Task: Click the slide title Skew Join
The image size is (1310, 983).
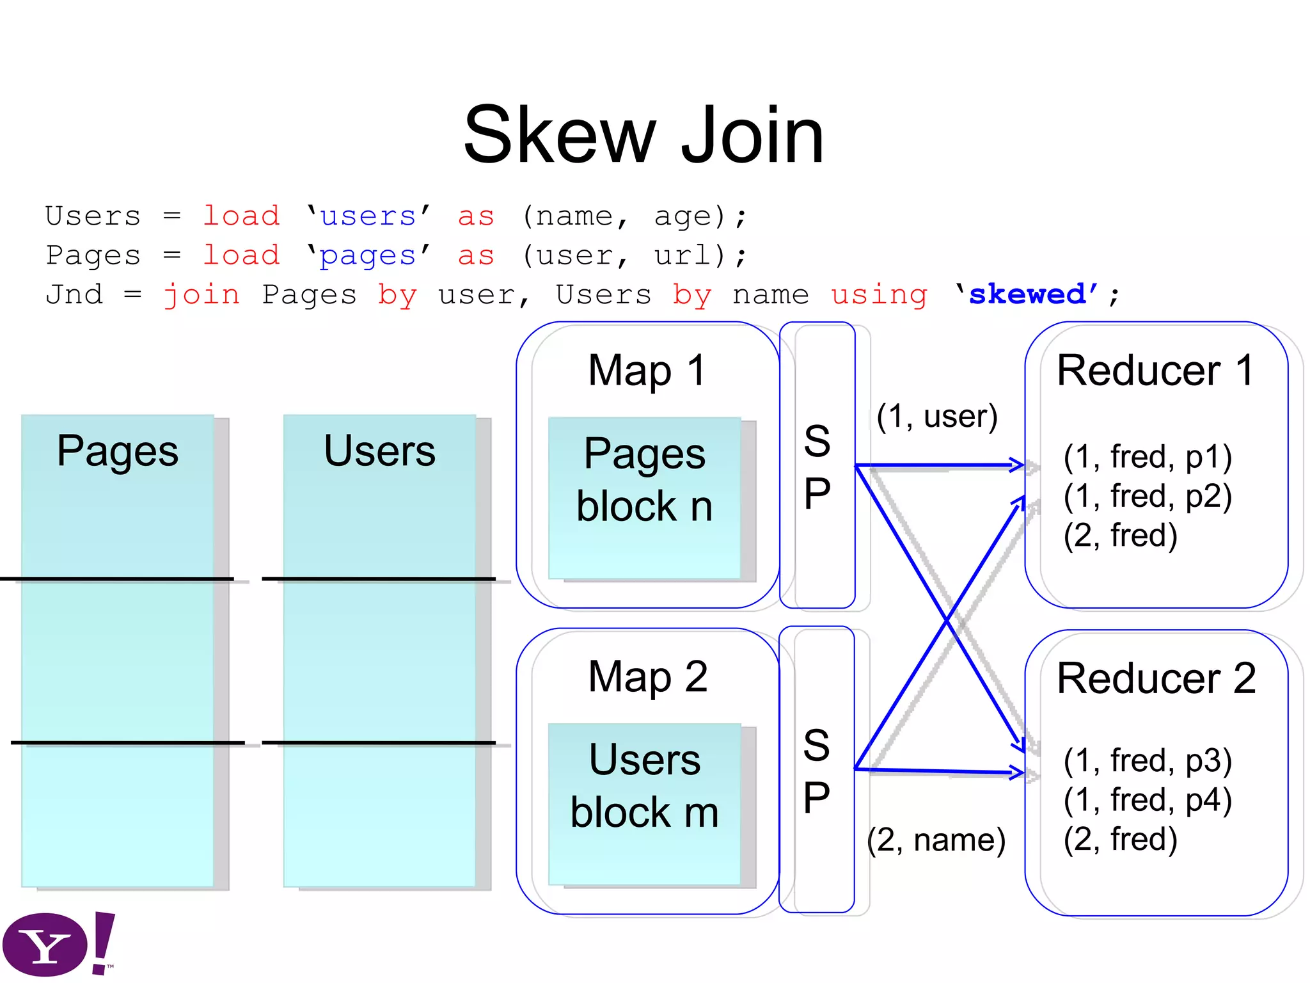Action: (x=643, y=136)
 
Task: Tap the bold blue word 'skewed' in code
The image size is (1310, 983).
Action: (x=1027, y=294)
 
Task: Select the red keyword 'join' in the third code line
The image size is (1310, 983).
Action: (x=201, y=295)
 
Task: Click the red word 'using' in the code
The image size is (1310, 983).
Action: (x=879, y=295)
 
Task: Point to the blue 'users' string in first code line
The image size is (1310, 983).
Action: (x=368, y=217)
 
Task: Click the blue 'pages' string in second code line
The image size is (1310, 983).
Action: (x=368, y=256)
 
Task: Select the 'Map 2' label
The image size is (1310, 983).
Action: (x=647, y=676)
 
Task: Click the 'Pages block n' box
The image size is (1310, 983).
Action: (x=644, y=498)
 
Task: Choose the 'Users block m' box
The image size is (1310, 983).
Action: (x=644, y=804)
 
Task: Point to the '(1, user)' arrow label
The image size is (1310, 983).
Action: (x=936, y=417)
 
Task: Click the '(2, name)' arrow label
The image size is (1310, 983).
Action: (x=936, y=840)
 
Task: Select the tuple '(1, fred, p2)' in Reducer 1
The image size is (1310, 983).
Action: (x=1148, y=496)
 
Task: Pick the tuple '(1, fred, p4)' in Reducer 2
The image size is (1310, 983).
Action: (x=1148, y=800)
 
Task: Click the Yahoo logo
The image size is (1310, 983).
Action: (x=58, y=945)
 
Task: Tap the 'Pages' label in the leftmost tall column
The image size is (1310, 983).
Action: (x=118, y=451)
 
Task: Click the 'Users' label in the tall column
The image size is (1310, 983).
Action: (x=379, y=451)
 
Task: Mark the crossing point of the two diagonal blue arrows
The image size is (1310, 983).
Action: (x=947, y=619)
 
